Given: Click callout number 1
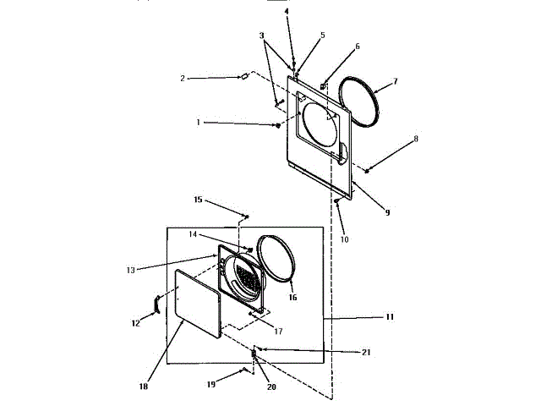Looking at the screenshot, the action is [x=199, y=123].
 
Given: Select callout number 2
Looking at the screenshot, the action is [x=182, y=79].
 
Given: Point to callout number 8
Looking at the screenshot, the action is [x=414, y=137].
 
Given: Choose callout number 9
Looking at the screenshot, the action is [x=386, y=212].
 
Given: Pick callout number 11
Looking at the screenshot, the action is [x=390, y=316].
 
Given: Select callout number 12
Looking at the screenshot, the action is [x=135, y=322].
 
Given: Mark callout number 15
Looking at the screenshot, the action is [x=198, y=200].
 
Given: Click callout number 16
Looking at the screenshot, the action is [x=292, y=298].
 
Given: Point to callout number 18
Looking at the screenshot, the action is [x=143, y=386].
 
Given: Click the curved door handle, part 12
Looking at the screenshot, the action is [x=155, y=304].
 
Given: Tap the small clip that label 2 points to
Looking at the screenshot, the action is [x=243, y=76].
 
